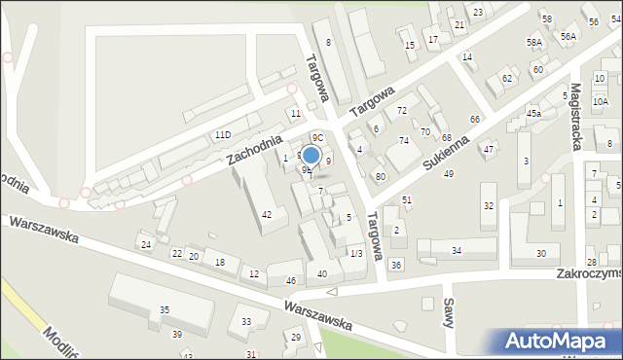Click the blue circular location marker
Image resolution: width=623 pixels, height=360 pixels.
[x=311, y=155]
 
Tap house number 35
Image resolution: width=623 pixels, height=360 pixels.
[x=165, y=310]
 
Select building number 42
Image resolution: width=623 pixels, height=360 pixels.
[x=267, y=214]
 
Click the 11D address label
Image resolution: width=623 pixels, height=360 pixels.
[x=224, y=134]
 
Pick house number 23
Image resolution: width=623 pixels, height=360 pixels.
[x=478, y=12]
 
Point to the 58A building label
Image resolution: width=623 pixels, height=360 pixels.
[x=534, y=43]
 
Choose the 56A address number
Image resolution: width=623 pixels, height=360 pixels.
[x=568, y=36]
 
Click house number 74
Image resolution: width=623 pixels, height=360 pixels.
[x=404, y=141]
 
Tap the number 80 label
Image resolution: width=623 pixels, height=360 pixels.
[x=381, y=176]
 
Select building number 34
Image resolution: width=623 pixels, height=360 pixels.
[x=457, y=251]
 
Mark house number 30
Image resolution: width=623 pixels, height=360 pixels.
[x=541, y=253]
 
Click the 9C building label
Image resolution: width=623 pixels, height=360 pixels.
[x=317, y=138]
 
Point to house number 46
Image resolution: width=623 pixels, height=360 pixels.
[x=290, y=281]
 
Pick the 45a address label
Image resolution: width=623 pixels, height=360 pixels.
[x=533, y=114]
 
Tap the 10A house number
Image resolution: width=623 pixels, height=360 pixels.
[x=600, y=101]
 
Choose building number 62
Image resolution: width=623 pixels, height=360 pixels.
[x=507, y=78]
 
